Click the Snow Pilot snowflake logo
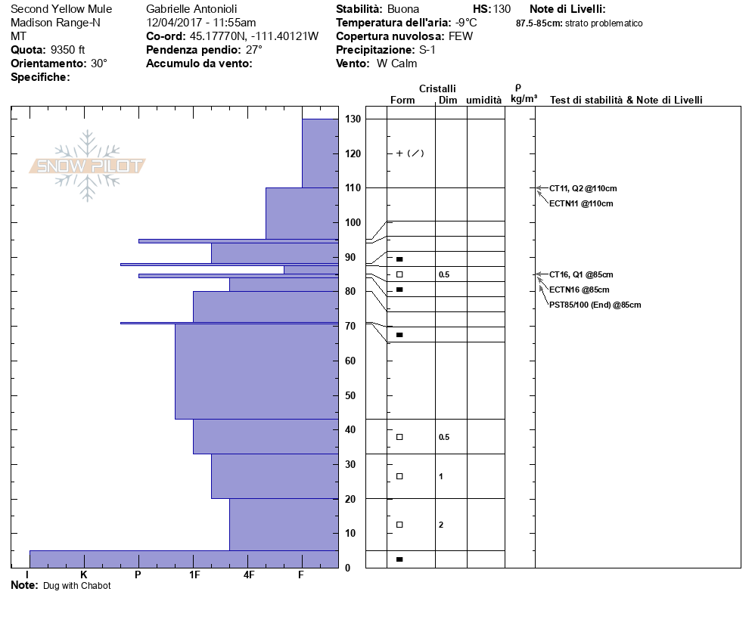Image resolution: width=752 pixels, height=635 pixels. [x=88, y=166]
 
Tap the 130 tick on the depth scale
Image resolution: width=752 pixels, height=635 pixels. [x=353, y=119]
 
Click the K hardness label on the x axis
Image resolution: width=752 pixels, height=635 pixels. [x=83, y=575]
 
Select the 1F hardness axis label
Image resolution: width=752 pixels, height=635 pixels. [x=194, y=575]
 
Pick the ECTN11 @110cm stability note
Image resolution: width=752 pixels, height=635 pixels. [x=581, y=203]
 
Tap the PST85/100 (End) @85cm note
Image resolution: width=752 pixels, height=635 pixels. [x=595, y=305]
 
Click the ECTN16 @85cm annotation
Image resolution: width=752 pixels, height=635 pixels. [x=579, y=290]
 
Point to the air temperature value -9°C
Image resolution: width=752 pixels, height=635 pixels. [x=466, y=23]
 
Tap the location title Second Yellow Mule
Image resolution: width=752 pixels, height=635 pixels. [x=61, y=9]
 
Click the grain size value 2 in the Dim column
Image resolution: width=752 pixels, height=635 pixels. [x=441, y=525]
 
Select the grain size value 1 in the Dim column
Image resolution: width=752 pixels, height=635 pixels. [x=441, y=476]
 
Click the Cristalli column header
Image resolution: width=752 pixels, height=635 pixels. [x=437, y=89]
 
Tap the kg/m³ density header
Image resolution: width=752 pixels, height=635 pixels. [x=524, y=99]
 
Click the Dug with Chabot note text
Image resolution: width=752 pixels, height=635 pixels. [x=76, y=586]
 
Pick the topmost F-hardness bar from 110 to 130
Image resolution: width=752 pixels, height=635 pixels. [x=320, y=153]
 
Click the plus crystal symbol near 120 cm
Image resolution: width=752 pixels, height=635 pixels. [x=399, y=153]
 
